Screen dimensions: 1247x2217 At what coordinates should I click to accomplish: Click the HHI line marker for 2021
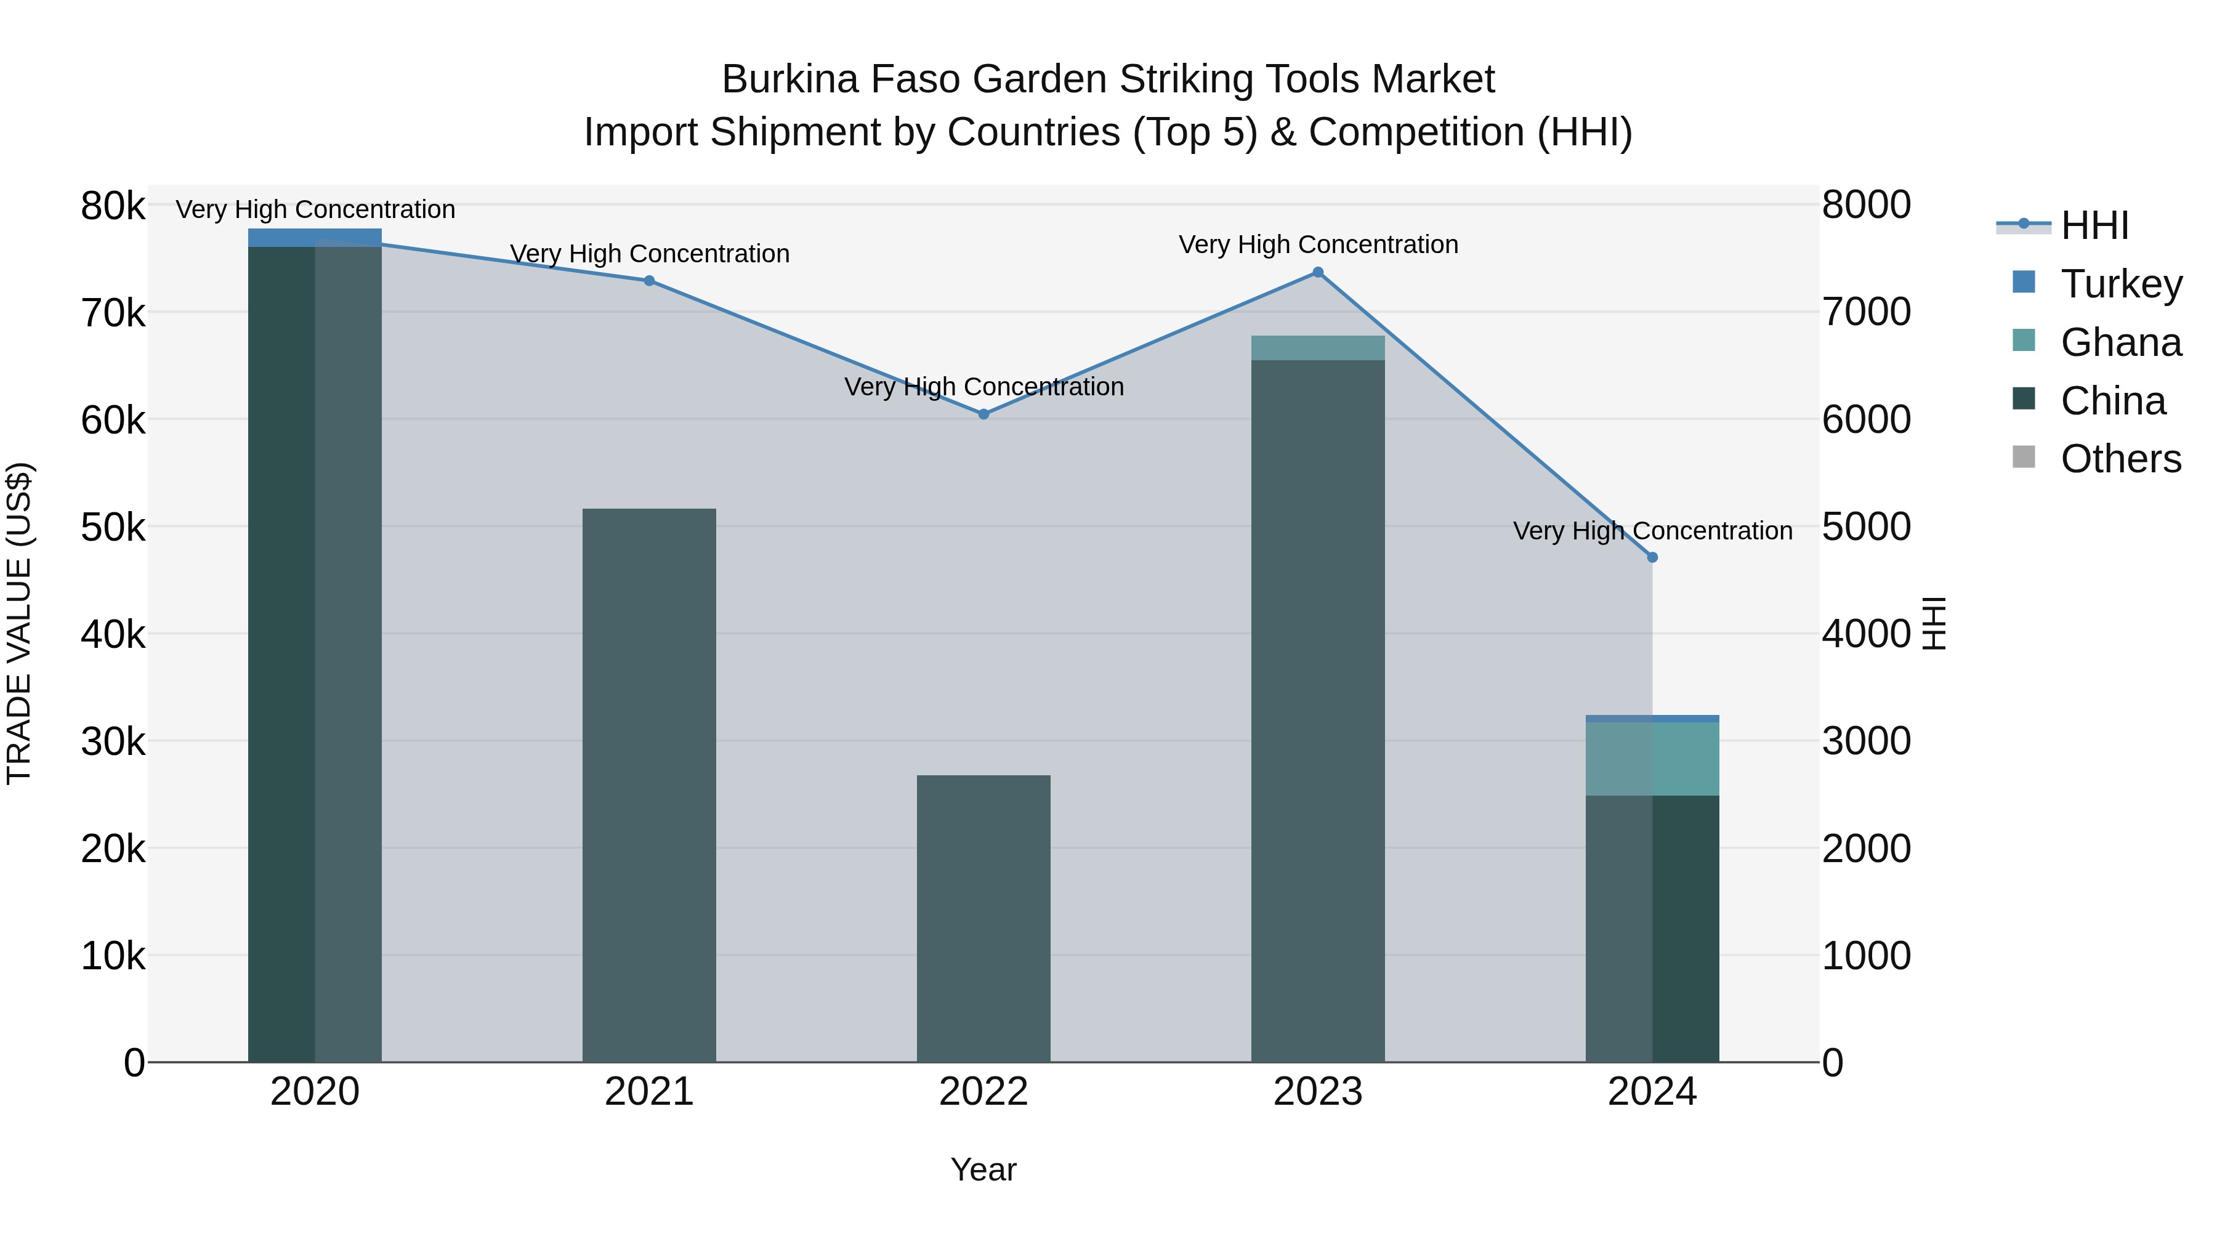pos(649,281)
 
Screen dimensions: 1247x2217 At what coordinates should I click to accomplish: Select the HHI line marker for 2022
pos(983,414)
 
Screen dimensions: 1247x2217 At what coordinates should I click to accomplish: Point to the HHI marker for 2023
pos(1318,273)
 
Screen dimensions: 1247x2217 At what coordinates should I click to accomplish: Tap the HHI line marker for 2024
pos(1652,558)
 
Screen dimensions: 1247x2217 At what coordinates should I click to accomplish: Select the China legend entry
pos(2112,400)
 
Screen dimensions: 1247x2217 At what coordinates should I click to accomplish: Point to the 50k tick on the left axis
pos(113,527)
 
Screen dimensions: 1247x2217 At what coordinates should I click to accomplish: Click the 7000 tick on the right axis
pos(1866,312)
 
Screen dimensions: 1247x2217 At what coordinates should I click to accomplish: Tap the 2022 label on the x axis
pos(983,1092)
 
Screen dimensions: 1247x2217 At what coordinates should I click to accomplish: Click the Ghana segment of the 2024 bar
pos(1652,758)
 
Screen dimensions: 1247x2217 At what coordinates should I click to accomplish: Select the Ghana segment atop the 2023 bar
pos(1318,348)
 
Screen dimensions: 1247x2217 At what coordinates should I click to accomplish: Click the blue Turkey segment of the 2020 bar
pos(315,238)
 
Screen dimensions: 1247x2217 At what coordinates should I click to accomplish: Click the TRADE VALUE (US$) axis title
pos(19,623)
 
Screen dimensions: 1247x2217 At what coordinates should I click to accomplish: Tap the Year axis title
pos(983,1169)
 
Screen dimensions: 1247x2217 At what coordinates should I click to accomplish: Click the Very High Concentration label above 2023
pos(1318,244)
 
